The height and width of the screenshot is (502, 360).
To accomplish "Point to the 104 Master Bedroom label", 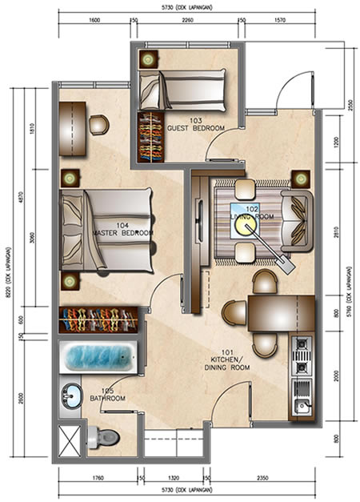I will (122, 229).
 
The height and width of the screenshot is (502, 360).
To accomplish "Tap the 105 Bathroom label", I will (106, 394).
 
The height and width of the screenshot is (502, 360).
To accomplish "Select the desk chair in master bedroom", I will (98, 124).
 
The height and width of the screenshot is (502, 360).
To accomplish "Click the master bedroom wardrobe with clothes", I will (100, 320).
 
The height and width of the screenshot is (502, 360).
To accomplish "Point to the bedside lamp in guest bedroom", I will (149, 59).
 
